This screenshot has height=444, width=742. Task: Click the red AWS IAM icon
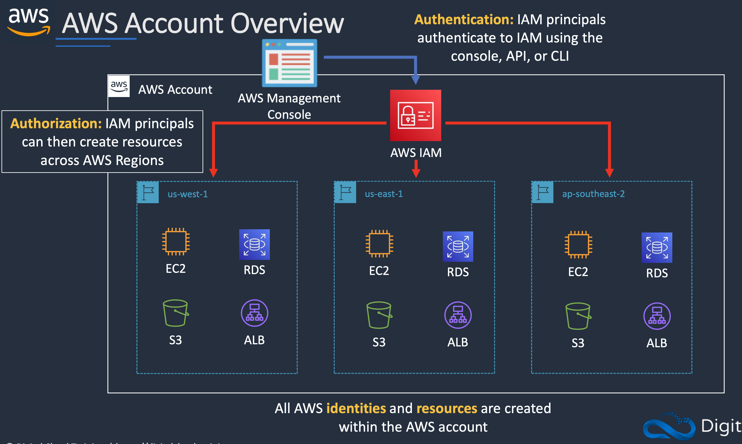pyautogui.click(x=415, y=115)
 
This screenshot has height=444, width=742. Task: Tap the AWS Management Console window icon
pyautogui.click(x=289, y=63)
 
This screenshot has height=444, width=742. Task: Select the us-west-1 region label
pyautogui.click(x=188, y=194)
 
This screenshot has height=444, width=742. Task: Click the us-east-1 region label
pyautogui.click(x=384, y=194)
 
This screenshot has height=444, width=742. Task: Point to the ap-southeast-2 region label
pyautogui.click(x=593, y=194)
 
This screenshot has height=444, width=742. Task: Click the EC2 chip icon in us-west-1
pyautogui.click(x=176, y=241)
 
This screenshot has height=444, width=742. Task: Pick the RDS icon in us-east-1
pyautogui.click(x=458, y=246)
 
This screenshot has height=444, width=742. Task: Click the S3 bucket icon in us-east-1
pyautogui.click(x=379, y=315)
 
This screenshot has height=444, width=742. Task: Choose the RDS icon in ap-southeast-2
pyautogui.click(x=657, y=248)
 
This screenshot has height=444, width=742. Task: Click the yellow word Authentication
pyautogui.click(x=464, y=20)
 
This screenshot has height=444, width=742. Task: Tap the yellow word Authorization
pyautogui.click(x=56, y=124)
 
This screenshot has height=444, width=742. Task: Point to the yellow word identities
pyautogui.click(x=356, y=409)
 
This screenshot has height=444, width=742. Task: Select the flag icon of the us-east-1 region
pyautogui.click(x=345, y=192)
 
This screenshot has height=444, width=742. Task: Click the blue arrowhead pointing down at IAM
pyautogui.click(x=415, y=80)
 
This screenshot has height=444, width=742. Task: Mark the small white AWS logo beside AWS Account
pyautogui.click(x=119, y=86)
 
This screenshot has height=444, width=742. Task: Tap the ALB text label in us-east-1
pyautogui.click(x=458, y=342)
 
